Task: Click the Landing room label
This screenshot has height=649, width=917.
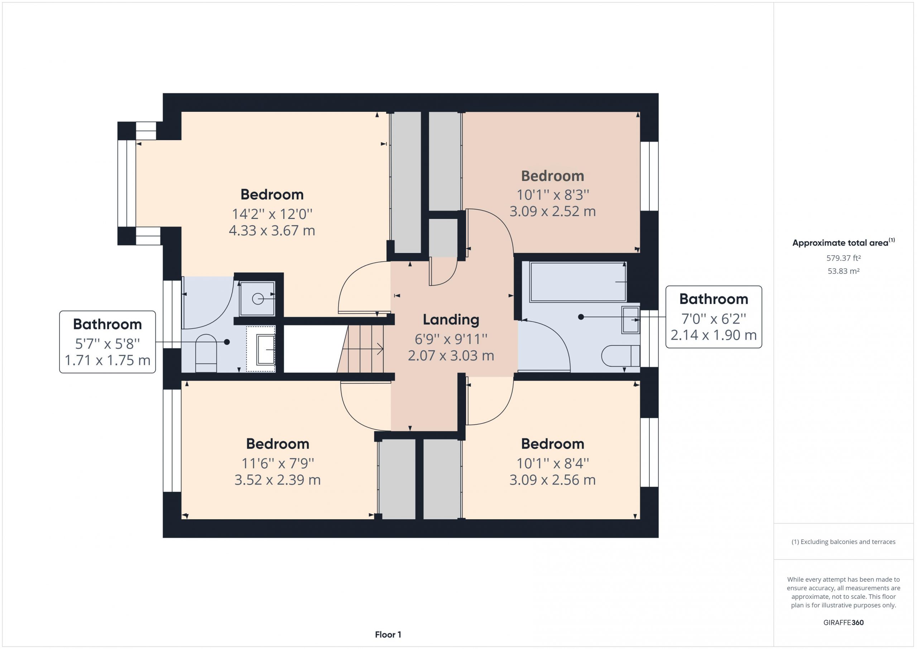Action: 451,319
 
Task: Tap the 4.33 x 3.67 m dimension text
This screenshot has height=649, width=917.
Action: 272,230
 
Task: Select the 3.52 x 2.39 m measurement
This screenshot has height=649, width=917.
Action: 278,479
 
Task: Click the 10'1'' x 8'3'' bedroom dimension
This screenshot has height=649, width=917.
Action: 553,195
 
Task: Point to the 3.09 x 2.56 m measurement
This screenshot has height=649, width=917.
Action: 553,479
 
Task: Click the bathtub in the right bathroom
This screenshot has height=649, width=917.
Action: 578,282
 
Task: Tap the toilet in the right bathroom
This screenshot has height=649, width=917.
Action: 621,355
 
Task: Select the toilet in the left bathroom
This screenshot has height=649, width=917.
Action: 206,353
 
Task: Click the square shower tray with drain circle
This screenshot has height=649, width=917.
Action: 257,299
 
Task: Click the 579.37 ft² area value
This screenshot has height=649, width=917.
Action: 844,258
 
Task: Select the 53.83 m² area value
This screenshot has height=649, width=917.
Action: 844,271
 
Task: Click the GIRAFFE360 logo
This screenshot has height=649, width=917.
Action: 844,622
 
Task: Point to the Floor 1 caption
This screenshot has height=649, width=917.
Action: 388,634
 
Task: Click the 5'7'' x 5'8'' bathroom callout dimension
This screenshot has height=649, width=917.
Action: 107,344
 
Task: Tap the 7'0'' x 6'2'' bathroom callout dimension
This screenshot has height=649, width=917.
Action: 714,319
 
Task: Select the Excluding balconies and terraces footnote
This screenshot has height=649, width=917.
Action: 844,542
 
